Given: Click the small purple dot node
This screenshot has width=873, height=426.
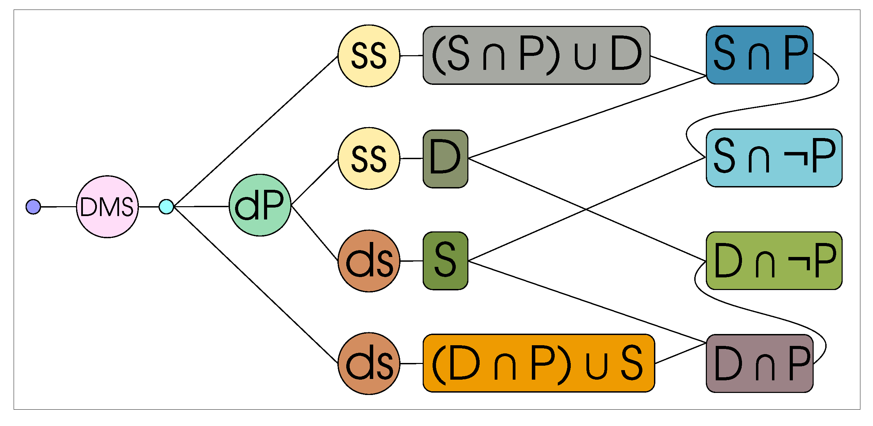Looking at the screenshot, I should pyautogui.click(x=33, y=207).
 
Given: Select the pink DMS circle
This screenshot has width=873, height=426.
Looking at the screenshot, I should pyautogui.click(x=107, y=207).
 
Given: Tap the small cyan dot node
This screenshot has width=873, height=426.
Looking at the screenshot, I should pyautogui.click(x=166, y=207).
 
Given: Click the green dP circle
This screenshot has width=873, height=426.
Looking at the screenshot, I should pyautogui.click(x=260, y=205).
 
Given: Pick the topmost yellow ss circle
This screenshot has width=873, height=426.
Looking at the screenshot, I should pyautogui.click(x=369, y=56).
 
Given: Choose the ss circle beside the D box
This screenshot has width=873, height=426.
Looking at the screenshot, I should pyautogui.click(x=369, y=158).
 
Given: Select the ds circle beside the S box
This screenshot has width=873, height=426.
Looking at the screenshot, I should pyautogui.click(x=369, y=261).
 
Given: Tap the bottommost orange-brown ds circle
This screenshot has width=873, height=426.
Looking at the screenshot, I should pyautogui.click(x=369, y=363).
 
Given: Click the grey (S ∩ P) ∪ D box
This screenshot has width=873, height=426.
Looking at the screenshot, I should pyautogui.click(x=536, y=55).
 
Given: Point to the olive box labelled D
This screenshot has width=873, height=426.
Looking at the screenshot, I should pyautogui.click(x=445, y=158).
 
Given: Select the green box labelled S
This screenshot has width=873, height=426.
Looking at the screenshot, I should pyautogui.click(x=445, y=261).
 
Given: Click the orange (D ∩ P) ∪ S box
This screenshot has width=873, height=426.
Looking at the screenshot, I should pyautogui.click(x=539, y=363).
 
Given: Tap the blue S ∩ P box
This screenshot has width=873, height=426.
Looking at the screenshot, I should pyautogui.click(x=759, y=55).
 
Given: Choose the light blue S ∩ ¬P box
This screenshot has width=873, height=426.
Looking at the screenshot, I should pyautogui.click(x=774, y=158).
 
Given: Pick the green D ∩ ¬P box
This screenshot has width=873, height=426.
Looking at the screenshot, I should pyautogui.click(x=774, y=261).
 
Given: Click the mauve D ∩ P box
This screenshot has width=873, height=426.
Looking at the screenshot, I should pyautogui.click(x=759, y=363).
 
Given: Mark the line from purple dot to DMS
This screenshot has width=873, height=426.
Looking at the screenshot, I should pyautogui.click(x=58, y=207).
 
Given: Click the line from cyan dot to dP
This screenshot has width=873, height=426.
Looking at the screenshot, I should pyautogui.click(x=201, y=206).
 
